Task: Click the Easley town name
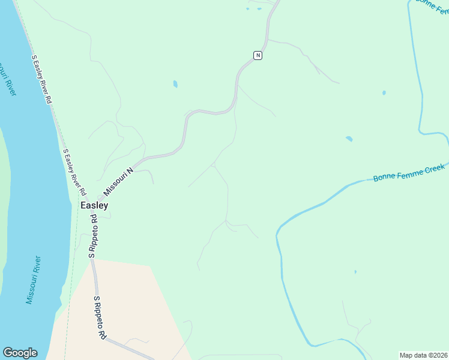94,205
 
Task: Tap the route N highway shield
258,55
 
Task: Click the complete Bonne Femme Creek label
409,173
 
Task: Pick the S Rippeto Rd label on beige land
100,318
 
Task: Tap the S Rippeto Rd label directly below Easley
93,237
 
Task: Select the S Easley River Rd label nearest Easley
74,172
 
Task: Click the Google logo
20,353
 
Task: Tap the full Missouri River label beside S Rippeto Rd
34,280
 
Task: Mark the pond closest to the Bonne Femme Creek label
349,139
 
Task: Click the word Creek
433,170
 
